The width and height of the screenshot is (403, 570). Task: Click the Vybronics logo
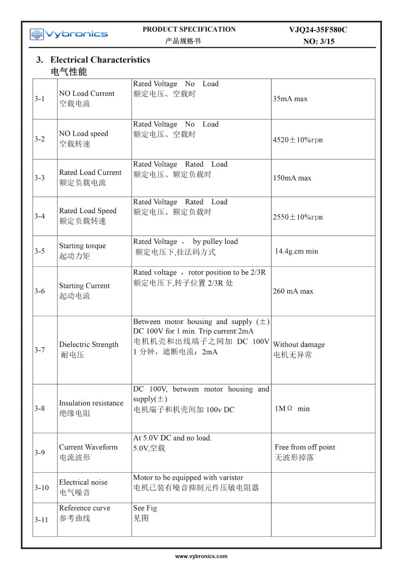[69, 34]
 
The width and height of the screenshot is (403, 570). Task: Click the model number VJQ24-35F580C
[318, 30]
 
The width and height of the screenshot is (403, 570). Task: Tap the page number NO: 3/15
[319, 41]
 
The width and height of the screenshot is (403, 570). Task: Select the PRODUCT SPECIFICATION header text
[189, 29]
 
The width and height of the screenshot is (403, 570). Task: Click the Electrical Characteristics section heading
[100, 59]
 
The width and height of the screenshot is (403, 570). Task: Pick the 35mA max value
[290, 99]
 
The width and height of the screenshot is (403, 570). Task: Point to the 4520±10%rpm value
[298, 140]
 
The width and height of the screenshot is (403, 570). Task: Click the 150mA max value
[292, 178]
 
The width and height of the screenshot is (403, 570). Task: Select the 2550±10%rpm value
[298, 217]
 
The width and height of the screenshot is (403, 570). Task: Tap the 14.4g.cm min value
[297, 251]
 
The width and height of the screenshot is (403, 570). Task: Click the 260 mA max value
[293, 291]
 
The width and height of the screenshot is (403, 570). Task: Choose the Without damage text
[299, 345]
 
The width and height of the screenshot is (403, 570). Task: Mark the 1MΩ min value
[292, 409]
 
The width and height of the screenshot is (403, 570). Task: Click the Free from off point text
[305, 447]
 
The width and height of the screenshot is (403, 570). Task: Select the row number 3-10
[42, 487]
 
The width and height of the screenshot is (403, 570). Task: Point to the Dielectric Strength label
[89, 345]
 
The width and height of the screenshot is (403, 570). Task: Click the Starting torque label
[82, 246]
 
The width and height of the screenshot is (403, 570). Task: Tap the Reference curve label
[84, 508]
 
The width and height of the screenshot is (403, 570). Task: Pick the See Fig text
[145, 508]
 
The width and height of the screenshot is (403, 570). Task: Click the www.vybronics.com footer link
[201, 556]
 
